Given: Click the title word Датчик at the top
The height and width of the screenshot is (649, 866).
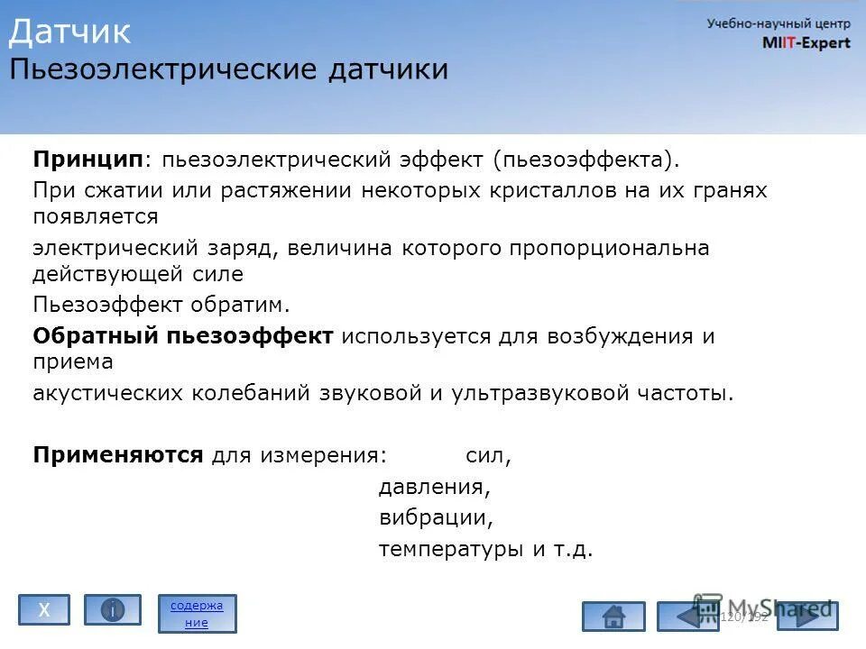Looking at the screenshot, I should pos(70,32).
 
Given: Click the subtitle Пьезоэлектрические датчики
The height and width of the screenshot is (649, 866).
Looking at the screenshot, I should pos(228,70).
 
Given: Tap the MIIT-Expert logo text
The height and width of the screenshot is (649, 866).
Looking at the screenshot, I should pos(806,43).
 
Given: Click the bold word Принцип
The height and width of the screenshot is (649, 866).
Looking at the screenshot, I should pos(88,160).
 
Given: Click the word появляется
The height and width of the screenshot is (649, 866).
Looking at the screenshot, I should pos(96,216).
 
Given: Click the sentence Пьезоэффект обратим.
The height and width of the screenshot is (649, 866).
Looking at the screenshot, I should pos(162,305).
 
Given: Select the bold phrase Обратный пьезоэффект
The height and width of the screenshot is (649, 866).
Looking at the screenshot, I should pos(183,336).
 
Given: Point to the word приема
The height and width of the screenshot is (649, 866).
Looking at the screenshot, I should pos(73,362).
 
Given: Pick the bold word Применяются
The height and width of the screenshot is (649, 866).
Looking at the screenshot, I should pos(118,455).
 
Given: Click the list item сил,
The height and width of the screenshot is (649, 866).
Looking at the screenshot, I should pos(488,456).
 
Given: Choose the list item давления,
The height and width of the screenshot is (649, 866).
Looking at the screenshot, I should pos(434,488).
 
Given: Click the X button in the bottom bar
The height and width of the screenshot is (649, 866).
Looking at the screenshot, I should pos(44,610).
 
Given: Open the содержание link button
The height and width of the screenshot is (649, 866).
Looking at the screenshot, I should pos(197,613).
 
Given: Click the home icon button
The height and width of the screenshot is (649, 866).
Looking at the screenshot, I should pos(613,617).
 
